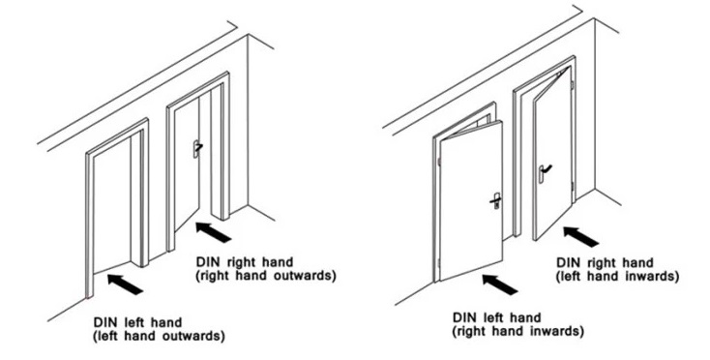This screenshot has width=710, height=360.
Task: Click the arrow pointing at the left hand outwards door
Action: tap(126, 284)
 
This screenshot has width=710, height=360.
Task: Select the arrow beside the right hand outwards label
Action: tap(213, 232)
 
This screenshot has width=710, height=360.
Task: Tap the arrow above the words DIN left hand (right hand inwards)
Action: tap(500, 285)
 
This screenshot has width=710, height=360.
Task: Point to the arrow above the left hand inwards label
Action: tap(581, 237)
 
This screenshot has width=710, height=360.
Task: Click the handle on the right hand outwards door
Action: tap(197, 148)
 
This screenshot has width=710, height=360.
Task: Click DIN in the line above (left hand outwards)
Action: tap(104, 323)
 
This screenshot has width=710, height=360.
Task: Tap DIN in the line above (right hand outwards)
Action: tap(206, 262)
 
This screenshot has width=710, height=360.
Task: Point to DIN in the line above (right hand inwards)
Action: tap(462, 317)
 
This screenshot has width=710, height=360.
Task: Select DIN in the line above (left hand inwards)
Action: tap(567, 262)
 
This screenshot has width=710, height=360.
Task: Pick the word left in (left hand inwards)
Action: tap(569, 276)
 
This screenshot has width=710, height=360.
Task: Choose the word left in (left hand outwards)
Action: tap(106, 337)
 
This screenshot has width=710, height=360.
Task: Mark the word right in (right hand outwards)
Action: tap(213, 276)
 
